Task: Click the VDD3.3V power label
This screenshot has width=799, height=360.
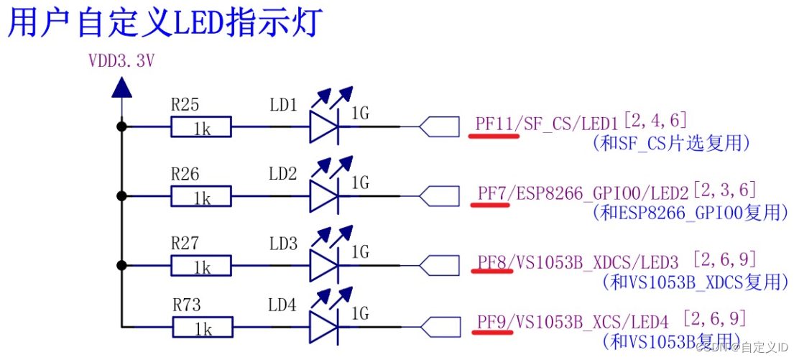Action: click(121, 61)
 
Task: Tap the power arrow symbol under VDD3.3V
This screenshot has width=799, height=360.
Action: click(121, 88)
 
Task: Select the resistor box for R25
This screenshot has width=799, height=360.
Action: click(201, 128)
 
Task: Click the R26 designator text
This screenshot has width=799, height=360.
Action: click(185, 175)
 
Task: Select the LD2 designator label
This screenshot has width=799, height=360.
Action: click(283, 174)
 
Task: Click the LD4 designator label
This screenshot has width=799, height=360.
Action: click(282, 305)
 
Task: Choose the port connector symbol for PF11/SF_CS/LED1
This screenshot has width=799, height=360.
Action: click(439, 127)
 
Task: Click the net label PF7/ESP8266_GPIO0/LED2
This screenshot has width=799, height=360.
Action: click(583, 193)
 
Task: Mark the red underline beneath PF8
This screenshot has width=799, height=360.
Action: click(491, 272)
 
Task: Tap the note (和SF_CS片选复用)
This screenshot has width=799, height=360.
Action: click(670, 143)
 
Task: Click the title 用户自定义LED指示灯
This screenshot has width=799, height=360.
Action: click(165, 23)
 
